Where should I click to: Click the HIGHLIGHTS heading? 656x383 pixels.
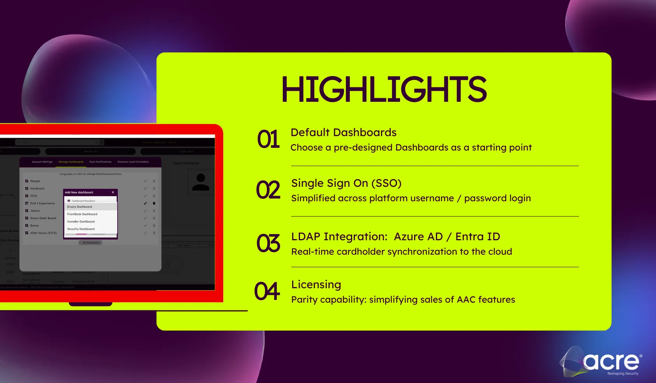384,89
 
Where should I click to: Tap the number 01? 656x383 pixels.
268,140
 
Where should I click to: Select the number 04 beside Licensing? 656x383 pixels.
267,291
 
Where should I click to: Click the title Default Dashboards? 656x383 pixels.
343,133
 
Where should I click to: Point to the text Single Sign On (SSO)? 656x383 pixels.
346,183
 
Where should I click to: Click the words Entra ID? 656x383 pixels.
478,237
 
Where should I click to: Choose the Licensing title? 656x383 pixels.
316,285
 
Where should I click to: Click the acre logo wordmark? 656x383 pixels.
612,362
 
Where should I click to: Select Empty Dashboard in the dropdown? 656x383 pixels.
80,207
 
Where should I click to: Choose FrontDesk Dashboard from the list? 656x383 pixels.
82,214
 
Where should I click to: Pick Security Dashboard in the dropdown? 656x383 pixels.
81,229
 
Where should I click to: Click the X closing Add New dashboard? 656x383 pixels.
113,192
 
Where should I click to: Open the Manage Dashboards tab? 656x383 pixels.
71,162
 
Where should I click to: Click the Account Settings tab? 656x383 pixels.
42,162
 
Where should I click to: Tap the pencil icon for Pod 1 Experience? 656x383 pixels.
145,203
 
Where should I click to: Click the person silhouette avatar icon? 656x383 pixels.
201,182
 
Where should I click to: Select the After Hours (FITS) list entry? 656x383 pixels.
43,233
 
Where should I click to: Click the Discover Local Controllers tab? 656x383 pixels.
133,162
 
